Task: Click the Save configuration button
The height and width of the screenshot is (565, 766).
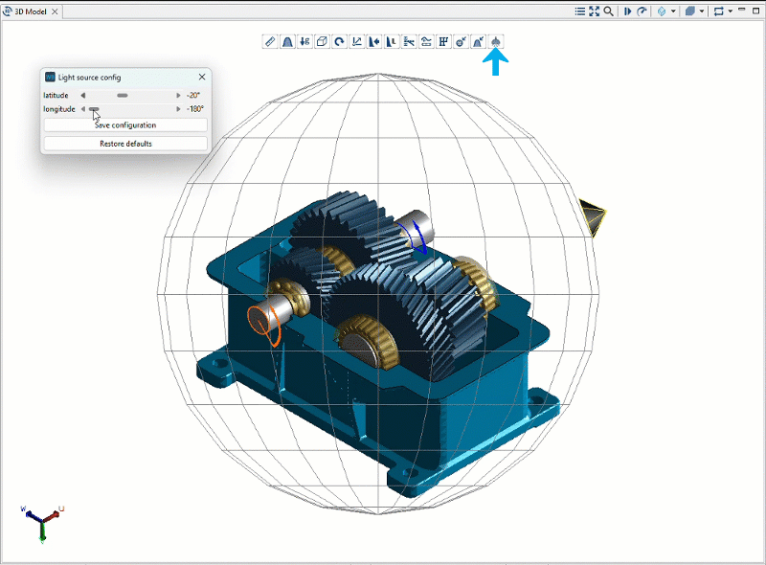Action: coord(125,125)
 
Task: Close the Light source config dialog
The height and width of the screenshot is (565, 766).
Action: coord(202,77)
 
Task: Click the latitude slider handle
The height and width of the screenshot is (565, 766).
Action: coord(123,96)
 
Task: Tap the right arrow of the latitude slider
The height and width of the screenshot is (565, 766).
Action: coord(178,96)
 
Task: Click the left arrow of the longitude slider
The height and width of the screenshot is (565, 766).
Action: coord(83,109)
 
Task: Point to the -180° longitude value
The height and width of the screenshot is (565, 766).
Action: coord(195,109)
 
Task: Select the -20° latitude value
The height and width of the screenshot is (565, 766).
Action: coord(194,96)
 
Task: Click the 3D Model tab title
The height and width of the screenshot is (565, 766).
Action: coord(30,11)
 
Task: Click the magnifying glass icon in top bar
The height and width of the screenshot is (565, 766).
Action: coord(609,11)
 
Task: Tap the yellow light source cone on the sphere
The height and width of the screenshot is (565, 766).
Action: coord(592,219)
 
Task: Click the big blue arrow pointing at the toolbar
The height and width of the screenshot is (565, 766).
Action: coord(495,63)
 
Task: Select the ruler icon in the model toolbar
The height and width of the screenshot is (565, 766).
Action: coord(270,42)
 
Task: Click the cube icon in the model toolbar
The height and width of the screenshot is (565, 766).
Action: coord(322,42)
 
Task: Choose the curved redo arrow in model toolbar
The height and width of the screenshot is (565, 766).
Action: coord(339,42)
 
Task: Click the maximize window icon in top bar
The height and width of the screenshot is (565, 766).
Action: coord(595,11)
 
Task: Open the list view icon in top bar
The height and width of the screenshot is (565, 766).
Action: coord(580,11)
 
